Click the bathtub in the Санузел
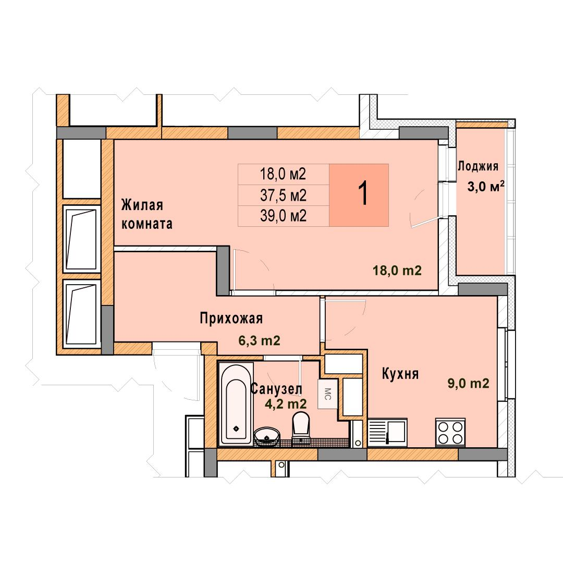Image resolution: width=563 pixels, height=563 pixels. pos(236,404)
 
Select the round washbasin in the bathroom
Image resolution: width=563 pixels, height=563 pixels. pos(267,436)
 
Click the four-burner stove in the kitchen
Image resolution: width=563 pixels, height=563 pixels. pos(450,432)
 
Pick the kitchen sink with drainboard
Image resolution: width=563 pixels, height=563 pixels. pos(387,432)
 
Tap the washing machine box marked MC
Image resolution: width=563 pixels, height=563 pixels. pos(327,394)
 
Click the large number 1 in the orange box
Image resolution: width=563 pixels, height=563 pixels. pos(364,193)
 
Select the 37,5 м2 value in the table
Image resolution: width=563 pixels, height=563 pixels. pos(283,195)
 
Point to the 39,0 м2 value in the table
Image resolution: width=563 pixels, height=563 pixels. pos(283,216)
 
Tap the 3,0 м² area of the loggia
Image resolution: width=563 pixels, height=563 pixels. pos(486,186)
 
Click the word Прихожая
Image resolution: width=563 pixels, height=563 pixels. pos(231,318)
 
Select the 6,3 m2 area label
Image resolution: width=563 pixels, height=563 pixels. pos(259,340)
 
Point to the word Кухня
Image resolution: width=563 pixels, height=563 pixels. pos(400,373)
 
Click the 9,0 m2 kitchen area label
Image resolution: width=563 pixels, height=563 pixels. pos(468,384)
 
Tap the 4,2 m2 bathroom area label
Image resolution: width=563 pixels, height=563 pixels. pos(286,404)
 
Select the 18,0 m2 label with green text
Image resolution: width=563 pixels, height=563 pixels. pos(397,270)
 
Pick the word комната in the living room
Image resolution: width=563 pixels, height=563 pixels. pos(147,224)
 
